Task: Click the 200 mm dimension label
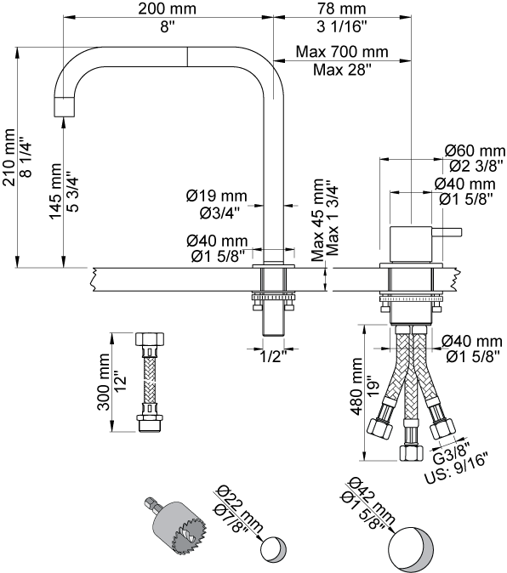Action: pos(167,9)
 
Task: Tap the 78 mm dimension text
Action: pos(341,9)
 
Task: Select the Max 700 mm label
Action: pos(342,52)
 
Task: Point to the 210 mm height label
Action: pos(9,157)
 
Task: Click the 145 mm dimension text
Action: pos(55,191)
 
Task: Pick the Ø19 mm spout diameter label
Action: pos(217,196)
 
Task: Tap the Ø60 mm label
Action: pos(475,150)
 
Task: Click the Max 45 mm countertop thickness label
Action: pos(317,219)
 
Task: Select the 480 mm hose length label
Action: pos(356,386)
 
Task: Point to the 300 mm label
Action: pos(104,382)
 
